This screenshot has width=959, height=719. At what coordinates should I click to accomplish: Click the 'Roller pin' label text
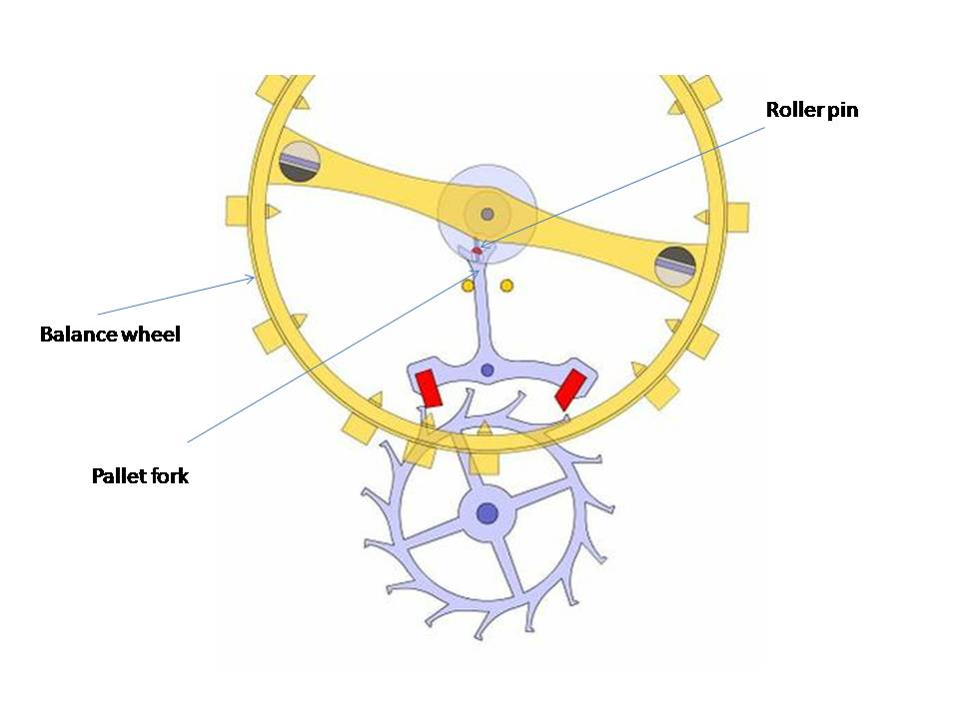coord(811,110)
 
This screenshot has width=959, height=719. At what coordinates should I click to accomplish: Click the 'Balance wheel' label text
coord(110,334)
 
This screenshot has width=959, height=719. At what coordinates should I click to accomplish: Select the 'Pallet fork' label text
coord(140,475)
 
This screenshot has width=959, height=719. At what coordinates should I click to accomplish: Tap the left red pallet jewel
coord(429,387)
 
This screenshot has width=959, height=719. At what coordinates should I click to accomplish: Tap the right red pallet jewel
coord(569,388)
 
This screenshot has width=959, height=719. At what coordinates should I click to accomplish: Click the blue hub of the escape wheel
coord(486,513)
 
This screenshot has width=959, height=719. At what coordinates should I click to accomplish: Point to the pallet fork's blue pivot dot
coord(486,370)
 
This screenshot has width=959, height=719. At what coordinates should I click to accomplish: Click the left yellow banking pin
coord(468,287)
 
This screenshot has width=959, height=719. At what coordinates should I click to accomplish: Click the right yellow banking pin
coord(506,287)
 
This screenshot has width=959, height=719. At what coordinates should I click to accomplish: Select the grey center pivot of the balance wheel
coord(486,214)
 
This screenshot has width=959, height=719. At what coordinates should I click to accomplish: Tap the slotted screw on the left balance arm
coord(300,162)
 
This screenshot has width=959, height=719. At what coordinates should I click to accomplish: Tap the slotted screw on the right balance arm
coord(675,266)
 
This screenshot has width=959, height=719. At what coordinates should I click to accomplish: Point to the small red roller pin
coord(477,250)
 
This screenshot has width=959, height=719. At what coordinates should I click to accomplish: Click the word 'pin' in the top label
coord(842,110)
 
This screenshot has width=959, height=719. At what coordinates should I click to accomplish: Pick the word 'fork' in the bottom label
coord(170,475)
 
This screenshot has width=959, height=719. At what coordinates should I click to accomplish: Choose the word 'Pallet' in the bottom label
coord(119,475)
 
